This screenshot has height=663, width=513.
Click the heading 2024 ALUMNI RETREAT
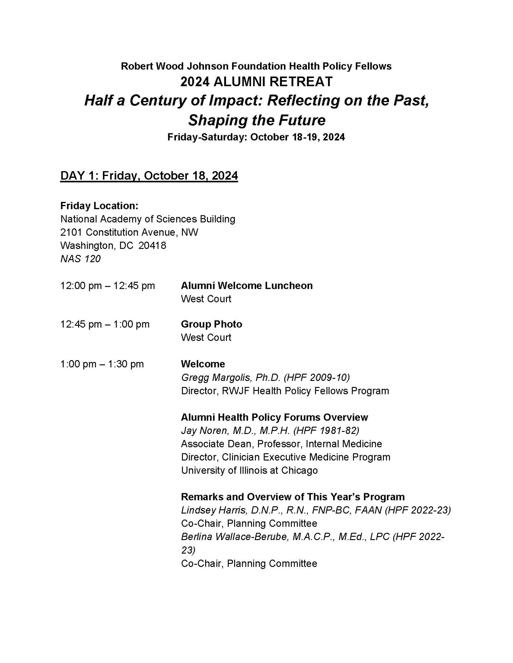256,82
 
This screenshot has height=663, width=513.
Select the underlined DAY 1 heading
149,176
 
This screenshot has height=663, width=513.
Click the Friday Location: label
99,206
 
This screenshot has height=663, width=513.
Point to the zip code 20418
152,245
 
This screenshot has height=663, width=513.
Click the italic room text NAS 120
80,259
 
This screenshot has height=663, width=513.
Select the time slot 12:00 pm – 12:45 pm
107,286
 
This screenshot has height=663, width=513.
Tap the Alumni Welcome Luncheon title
247,286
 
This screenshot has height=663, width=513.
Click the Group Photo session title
211,324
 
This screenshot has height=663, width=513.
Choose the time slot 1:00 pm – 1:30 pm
102,364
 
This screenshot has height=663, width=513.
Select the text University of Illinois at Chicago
249,471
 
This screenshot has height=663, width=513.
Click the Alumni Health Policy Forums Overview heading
274,417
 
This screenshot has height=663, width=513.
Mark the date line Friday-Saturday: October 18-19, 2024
256,137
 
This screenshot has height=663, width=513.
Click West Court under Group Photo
206,338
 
